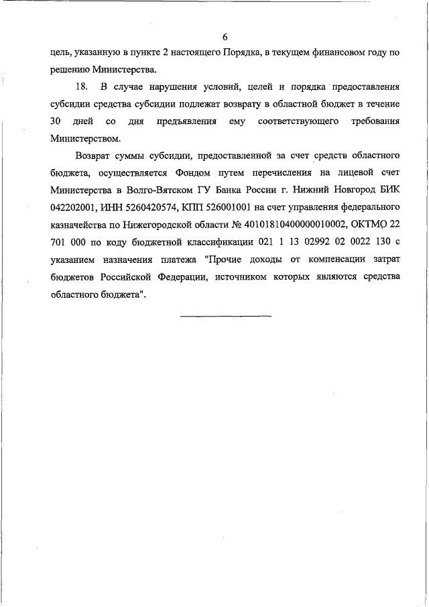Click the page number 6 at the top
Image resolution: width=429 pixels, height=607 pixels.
click(x=225, y=36)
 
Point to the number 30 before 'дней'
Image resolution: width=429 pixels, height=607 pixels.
click(x=56, y=122)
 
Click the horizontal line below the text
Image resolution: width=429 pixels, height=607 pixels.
click(x=226, y=315)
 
